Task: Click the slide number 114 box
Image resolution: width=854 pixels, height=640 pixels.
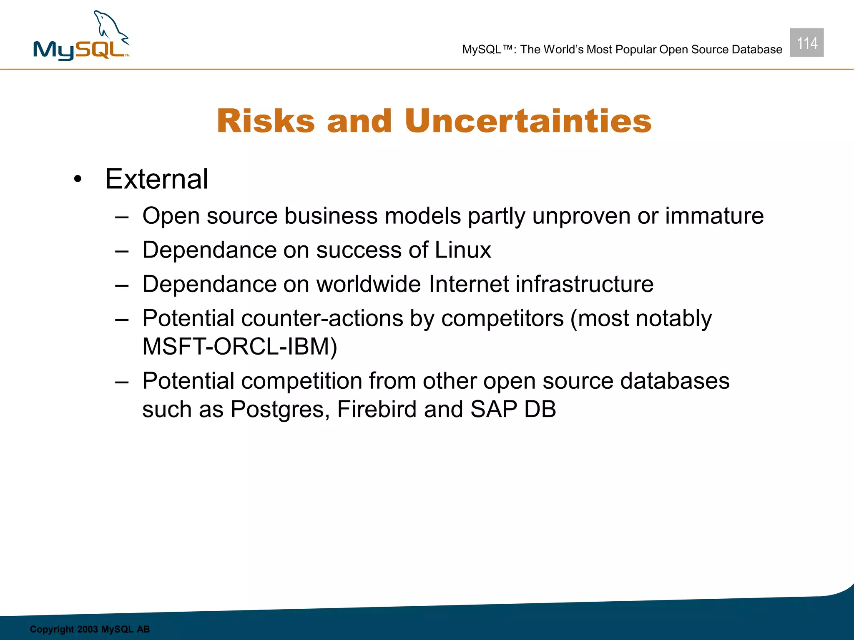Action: click(806, 43)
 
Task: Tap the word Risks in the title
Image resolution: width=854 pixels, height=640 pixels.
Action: click(266, 121)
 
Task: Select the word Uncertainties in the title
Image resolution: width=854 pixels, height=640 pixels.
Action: click(527, 121)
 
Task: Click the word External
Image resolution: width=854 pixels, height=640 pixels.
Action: click(156, 179)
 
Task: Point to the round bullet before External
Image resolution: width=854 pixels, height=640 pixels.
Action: click(78, 180)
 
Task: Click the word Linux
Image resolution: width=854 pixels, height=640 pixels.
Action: click(463, 250)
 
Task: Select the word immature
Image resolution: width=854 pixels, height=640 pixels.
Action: click(714, 216)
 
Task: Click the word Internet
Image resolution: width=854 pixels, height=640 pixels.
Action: click(469, 284)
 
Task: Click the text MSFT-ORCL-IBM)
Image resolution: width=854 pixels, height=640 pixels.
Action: click(240, 347)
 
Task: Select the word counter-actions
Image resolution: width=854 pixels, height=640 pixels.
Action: click(322, 318)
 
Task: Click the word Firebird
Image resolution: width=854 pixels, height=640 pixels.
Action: click(377, 409)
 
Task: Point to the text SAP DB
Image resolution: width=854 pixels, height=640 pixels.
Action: click(513, 409)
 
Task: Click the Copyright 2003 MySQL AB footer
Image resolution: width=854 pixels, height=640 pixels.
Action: click(90, 629)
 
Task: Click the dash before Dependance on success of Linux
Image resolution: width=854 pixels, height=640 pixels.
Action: click(122, 251)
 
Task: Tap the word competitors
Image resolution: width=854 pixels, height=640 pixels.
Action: click(502, 318)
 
